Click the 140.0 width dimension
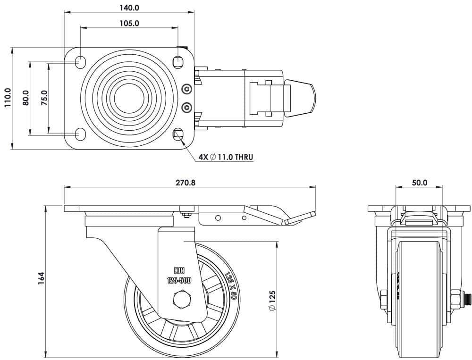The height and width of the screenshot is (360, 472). coord(129,8)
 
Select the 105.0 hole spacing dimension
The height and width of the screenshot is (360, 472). coord(129,23)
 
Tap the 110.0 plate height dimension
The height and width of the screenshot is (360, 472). coord(8,98)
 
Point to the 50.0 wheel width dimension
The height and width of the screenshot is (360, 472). coord(419,182)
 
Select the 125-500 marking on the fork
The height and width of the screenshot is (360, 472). coord(179,280)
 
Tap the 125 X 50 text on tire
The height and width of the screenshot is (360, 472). coord(230,285)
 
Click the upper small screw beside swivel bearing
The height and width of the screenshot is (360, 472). coord(187,89)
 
